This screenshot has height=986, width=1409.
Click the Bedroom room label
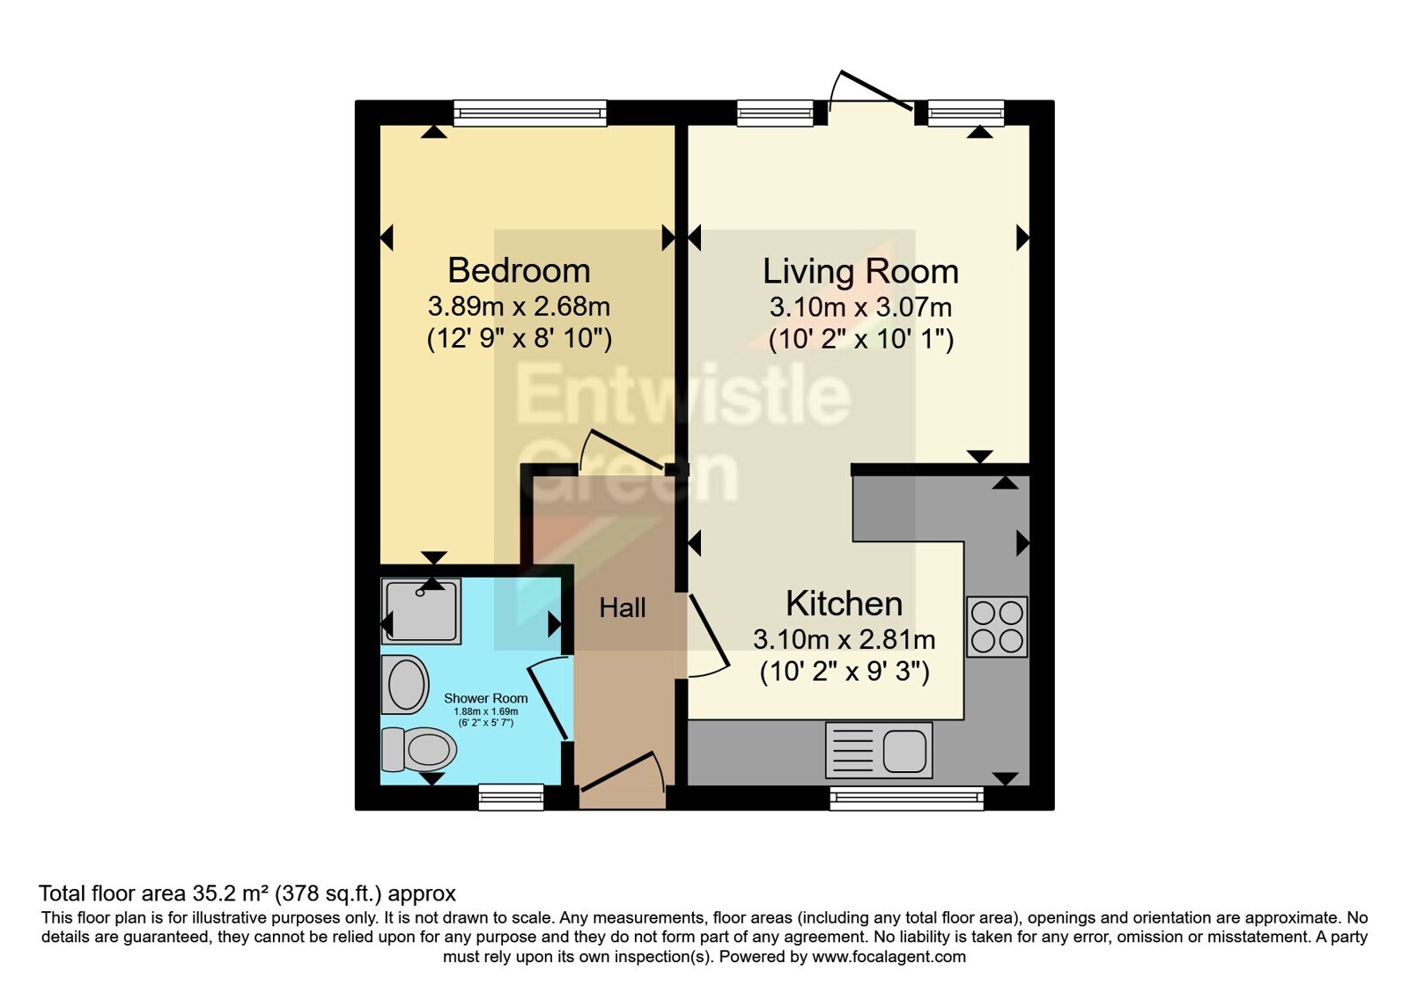tap(519, 271)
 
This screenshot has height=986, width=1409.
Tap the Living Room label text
tap(860, 272)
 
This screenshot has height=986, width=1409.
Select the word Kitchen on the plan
tap(845, 604)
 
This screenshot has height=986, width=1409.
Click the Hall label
tap(622, 607)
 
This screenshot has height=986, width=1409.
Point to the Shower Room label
tap(485, 698)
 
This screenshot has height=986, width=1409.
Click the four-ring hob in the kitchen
tap(997, 627)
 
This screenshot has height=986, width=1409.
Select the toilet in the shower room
tap(419, 749)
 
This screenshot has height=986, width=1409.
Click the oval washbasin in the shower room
tap(406, 684)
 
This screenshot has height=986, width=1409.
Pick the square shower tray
tap(421, 611)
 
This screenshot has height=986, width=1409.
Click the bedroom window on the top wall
tap(530, 114)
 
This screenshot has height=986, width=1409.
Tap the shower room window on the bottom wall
tap(512, 798)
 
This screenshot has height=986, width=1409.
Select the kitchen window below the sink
tap(906, 798)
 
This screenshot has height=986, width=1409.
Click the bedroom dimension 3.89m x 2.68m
tap(519, 307)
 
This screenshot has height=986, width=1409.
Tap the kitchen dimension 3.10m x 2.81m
tap(845, 639)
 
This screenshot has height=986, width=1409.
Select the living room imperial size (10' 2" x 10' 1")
tap(861, 340)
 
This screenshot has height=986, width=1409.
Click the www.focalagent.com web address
tap(889, 957)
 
